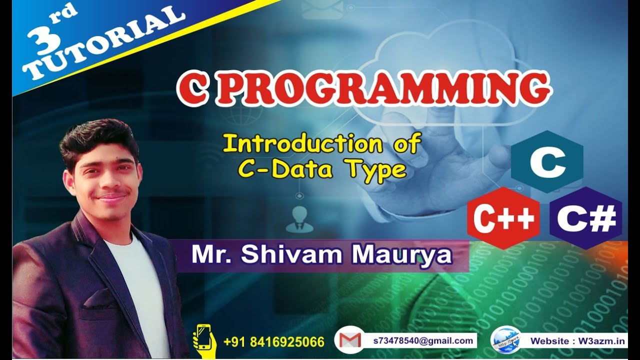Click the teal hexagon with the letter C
pyautogui.click(x=546, y=161)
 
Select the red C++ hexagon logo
pyautogui.click(x=504, y=218)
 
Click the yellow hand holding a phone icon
pyautogui.click(x=204, y=340)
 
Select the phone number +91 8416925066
pyautogui.click(x=274, y=342)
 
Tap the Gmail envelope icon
pyautogui.click(x=349, y=340)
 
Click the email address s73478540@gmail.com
pyautogui.click(x=423, y=341)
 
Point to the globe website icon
pyautogui.click(x=505, y=340)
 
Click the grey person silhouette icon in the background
pyautogui.click(x=299, y=220)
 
